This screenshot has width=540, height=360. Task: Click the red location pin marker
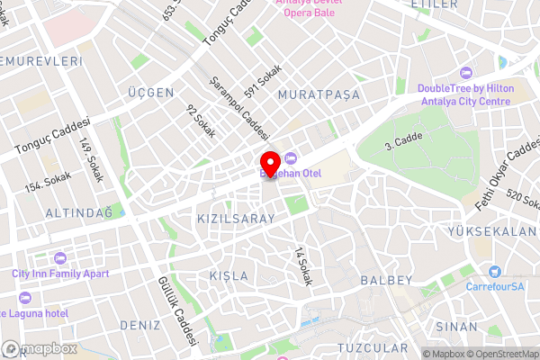point(273,165)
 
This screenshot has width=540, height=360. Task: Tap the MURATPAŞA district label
point(319,94)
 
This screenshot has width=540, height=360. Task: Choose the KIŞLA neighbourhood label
point(227,274)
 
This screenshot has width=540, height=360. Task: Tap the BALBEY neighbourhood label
point(385,280)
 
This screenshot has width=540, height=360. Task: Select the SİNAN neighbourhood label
point(456,325)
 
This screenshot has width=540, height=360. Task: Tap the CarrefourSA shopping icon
point(494,272)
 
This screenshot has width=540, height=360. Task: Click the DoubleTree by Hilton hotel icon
point(464,73)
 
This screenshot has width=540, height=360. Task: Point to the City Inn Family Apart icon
point(58,258)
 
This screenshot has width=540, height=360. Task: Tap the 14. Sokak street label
point(302,266)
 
